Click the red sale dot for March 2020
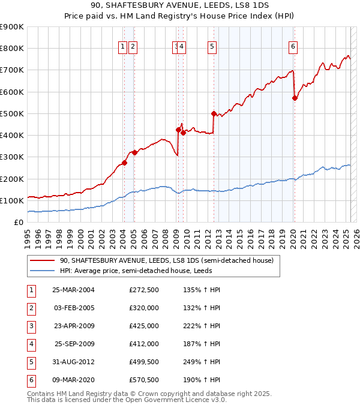click(x=295, y=98)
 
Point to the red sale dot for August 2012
click(x=214, y=113)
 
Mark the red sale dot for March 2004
click(x=124, y=163)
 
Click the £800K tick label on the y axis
click(x=11, y=48)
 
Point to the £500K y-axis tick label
click(x=11, y=113)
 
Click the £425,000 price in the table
click(x=144, y=326)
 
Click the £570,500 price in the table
click(x=144, y=380)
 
